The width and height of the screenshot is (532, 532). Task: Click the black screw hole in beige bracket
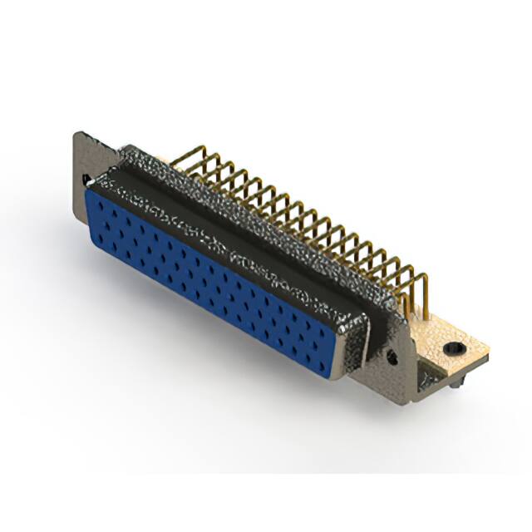pos(453,347)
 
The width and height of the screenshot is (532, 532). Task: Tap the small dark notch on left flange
pos(86,178)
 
